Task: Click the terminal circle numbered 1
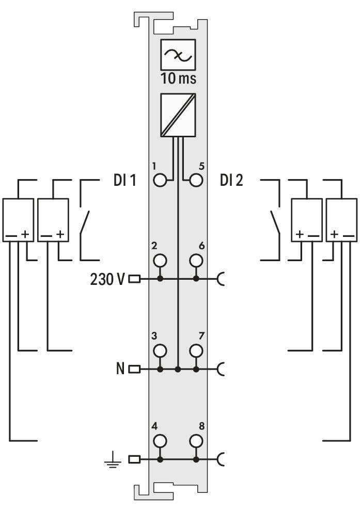160,180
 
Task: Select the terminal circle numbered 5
196,180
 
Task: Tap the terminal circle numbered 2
160,261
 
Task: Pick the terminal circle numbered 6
196,261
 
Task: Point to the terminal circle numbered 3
160,350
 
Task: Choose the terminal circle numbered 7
196,350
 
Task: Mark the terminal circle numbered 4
160,441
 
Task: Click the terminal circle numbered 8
196,441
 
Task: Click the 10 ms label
178,78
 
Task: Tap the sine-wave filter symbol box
178,55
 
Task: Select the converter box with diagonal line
178,115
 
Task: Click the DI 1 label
124,180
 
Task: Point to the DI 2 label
231,180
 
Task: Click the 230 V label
107,279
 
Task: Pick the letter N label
120,369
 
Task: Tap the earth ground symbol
113,459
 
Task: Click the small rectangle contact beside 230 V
135,279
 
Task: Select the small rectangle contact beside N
135,370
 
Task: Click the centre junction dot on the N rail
178,370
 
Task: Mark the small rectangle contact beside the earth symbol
135,459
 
